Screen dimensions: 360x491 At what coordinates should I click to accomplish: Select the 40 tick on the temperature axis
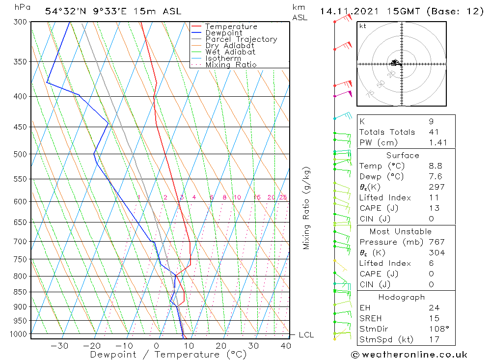(286, 346)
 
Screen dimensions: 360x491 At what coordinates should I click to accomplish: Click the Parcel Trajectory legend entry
(241, 39)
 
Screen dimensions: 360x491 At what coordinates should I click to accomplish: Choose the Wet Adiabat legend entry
(230, 52)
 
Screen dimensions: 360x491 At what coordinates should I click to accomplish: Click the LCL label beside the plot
(306, 335)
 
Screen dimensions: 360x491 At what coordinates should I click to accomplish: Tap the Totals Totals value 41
(434, 132)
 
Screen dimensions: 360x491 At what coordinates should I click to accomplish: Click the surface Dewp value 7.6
(435, 177)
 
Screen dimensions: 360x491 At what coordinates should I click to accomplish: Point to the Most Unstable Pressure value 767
(436, 242)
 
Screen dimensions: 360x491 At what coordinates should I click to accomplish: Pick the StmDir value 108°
(437, 329)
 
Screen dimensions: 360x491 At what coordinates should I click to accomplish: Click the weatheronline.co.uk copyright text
(409, 355)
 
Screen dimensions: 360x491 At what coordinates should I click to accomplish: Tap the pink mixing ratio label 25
(283, 197)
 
